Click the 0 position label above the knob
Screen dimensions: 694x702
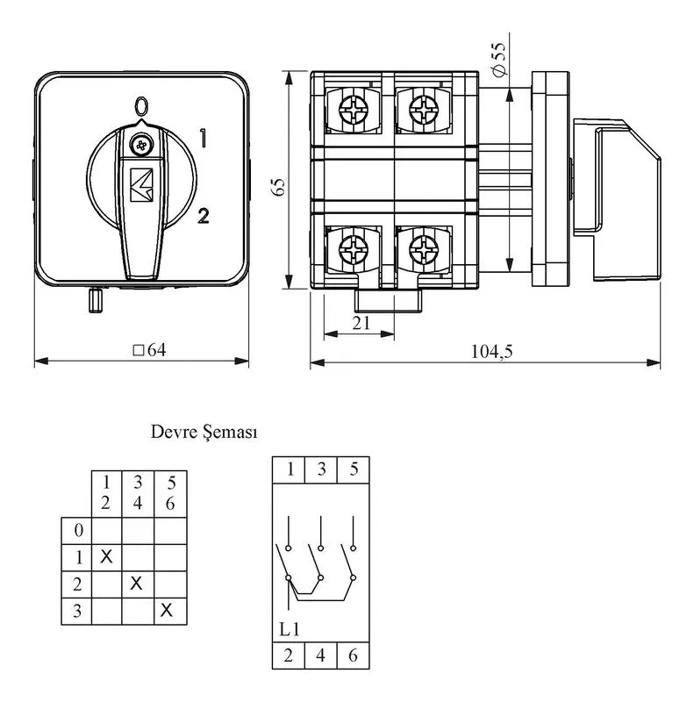(141, 105)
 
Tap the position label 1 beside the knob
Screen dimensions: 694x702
(203, 138)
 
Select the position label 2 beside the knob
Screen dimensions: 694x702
(204, 216)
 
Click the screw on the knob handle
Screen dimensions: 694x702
(141, 145)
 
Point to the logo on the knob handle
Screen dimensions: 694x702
(141, 185)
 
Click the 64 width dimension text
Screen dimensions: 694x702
(150, 350)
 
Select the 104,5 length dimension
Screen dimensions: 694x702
(491, 352)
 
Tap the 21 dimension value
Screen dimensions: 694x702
(361, 323)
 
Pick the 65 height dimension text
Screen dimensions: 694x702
(278, 187)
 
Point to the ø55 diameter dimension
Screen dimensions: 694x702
(497, 58)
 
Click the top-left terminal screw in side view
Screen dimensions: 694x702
(354, 109)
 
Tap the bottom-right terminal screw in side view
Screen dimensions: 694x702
(424, 249)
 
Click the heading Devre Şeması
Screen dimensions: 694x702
(204, 433)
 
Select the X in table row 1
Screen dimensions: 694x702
(106, 557)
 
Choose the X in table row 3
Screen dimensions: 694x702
(166, 610)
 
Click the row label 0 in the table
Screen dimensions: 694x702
(78, 530)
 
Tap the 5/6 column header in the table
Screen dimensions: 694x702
(170, 493)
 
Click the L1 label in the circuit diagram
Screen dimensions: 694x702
(290, 629)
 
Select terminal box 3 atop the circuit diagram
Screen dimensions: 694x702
(321, 469)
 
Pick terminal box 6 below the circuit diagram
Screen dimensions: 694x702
(354, 655)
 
